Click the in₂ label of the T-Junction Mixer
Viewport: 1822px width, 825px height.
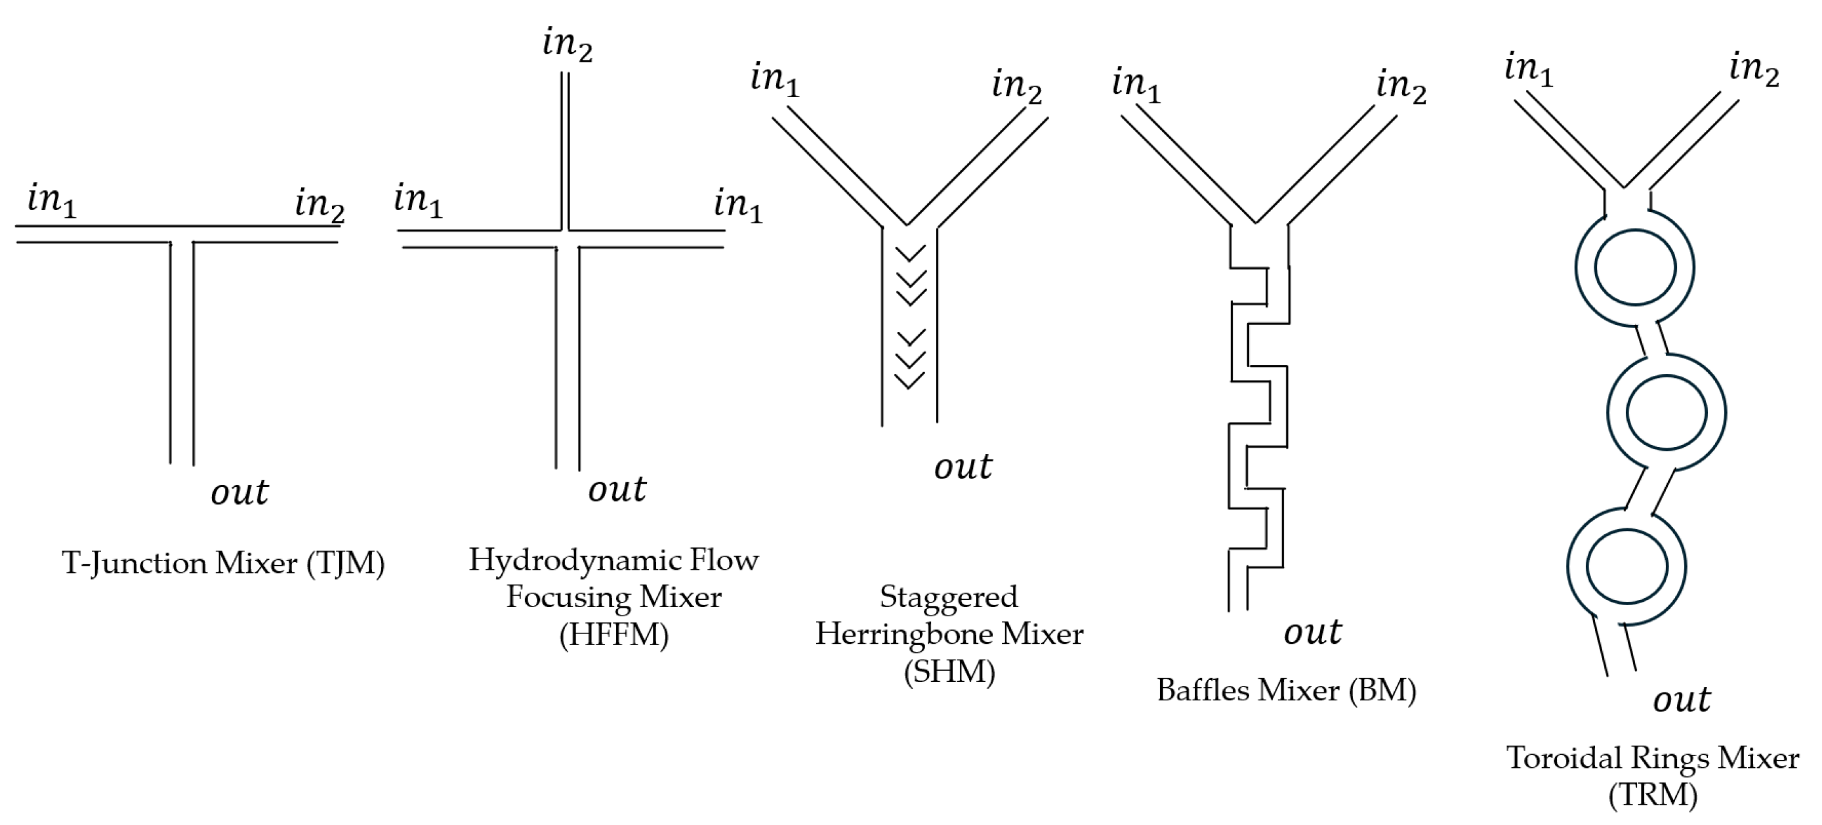tap(319, 205)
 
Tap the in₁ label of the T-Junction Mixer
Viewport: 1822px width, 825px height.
tap(51, 200)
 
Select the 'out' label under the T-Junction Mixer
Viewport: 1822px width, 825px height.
tap(239, 492)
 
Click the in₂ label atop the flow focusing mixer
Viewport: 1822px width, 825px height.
tap(568, 45)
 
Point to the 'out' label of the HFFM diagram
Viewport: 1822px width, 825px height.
tap(617, 489)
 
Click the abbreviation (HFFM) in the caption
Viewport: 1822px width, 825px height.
tap(613, 634)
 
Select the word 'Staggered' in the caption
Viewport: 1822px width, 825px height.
tap(949, 597)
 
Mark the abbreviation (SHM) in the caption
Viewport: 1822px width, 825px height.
tap(949, 671)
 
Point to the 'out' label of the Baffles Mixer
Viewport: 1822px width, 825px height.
tap(1313, 632)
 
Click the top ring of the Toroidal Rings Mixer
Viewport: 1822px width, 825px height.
tap(1634, 268)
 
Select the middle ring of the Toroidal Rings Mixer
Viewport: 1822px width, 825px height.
tap(1666, 412)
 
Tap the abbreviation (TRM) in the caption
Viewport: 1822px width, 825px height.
tap(1653, 795)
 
